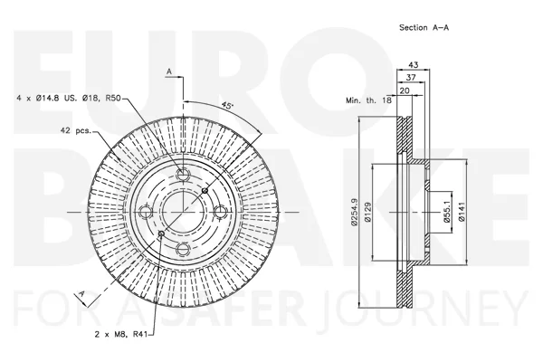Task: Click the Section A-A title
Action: tap(424, 28)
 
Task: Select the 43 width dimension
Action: tap(414, 65)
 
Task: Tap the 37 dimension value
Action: tap(411, 78)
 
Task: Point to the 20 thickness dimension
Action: tap(405, 90)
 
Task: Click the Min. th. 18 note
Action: tap(368, 100)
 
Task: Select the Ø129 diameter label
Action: tap(367, 212)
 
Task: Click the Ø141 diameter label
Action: tap(462, 212)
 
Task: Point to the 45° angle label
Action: tap(227, 105)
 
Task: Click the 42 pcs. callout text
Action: tap(75, 131)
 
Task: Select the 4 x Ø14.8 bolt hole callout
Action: tap(69, 99)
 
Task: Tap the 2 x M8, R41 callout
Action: tap(121, 335)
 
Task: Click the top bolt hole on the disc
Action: tap(183, 174)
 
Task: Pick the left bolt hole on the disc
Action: tap(145, 212)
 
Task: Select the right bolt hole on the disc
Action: tap(220, 212)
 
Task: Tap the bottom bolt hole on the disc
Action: tap(183, 249)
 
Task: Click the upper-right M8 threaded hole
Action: tap(205, 190)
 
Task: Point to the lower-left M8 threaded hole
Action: tap(161, 233)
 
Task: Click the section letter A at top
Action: tap(169, 71)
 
